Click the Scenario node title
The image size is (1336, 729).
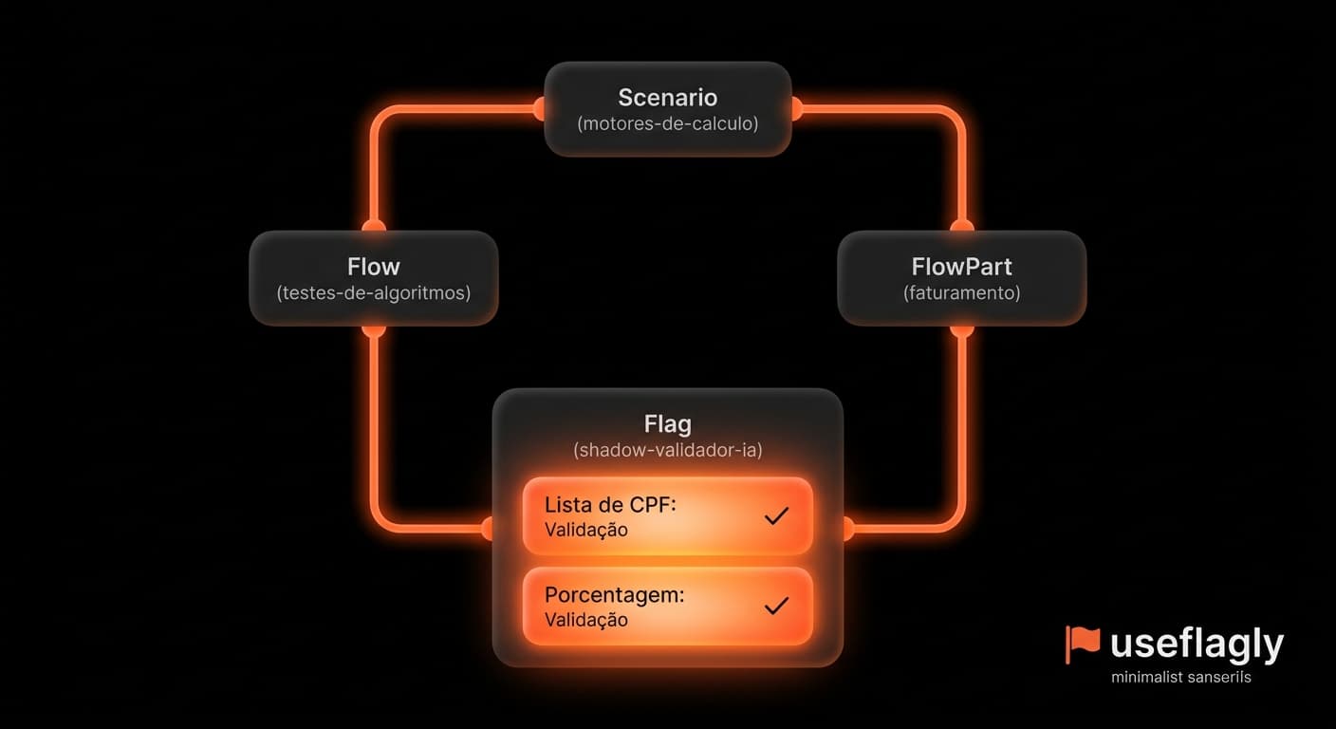tap(667, 97)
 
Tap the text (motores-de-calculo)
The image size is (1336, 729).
tap(667, 123)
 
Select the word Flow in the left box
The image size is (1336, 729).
tap(373, 267)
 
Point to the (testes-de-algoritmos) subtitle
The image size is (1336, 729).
tap(373, 293)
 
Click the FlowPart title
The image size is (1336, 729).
tap(961, 267)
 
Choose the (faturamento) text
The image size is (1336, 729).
tap(961, 293)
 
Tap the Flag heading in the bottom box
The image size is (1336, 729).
tap(667, 424)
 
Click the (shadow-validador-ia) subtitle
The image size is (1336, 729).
tap(667, 450)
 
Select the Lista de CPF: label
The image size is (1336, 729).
tap(610, 505)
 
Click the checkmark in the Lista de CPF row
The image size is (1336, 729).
tap(776, 515)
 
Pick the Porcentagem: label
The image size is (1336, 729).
tap(614, 595)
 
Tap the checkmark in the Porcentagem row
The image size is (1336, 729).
tap(776, 606)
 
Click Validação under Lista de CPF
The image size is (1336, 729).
tap(585, 530)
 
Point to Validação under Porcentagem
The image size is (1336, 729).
tap(585, 620)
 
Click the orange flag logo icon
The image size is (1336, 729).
tap(1082, 645)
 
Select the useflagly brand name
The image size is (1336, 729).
tap(1197, 645)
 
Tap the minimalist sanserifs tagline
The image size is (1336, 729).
tap(1181, 677)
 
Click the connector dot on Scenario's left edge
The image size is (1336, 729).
tap(540, 109)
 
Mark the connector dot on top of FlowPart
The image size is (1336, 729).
tap(961, 226)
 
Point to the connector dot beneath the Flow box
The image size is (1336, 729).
tap(373, 330)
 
